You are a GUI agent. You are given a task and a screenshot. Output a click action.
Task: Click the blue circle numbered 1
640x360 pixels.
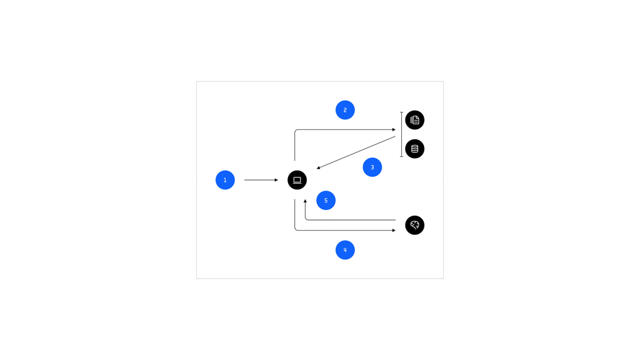(225, 180)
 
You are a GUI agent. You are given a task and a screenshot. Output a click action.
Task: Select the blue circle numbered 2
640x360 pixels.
(345, 110)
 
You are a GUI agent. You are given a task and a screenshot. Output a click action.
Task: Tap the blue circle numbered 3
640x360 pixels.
(372, 167)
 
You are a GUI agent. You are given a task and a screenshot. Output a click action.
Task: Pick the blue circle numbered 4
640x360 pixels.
(345, 250)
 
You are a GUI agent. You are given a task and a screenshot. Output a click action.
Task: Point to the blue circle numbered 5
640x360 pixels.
(326, 201)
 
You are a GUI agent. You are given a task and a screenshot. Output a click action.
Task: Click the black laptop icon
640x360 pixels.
(297, 180)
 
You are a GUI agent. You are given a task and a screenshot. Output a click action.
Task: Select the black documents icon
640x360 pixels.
(415, 120)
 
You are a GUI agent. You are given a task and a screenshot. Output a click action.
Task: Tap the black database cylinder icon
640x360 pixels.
(415, 149)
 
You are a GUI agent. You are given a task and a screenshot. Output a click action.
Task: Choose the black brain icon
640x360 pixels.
(415, 225)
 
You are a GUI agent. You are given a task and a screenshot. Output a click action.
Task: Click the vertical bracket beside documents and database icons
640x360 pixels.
(402, 134)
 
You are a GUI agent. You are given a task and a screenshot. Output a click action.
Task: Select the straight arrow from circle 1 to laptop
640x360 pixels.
(261, 180)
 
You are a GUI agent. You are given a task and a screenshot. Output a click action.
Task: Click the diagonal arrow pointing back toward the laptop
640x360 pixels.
(356, 152)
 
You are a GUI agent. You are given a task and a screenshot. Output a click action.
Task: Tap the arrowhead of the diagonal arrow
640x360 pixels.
(318, 167)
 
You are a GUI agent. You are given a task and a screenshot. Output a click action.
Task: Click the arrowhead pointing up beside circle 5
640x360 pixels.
(305, 201)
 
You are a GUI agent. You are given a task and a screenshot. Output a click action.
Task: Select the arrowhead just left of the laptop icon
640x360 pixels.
(276, 180)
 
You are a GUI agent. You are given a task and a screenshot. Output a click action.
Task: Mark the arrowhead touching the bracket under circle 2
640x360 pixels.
(394, 130)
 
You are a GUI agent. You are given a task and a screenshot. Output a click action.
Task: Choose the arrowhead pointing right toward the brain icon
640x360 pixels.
(394, 230)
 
